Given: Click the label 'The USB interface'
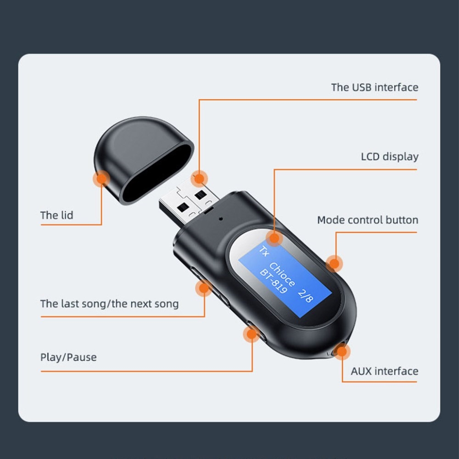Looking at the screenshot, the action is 375,87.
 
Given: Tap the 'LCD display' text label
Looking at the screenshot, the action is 390,157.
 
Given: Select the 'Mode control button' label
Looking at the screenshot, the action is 368,220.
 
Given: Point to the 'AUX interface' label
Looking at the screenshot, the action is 384,371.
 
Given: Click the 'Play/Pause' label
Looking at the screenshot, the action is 68,357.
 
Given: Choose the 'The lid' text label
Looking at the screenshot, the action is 56,215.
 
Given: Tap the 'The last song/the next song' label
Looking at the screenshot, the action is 109,304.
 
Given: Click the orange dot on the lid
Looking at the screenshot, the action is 101,179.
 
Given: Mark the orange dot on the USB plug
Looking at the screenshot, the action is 199,179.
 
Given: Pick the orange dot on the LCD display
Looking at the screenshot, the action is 274,238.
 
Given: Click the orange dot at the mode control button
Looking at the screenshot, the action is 334,264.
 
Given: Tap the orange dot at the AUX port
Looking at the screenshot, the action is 342,351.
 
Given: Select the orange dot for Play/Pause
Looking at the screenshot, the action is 252,334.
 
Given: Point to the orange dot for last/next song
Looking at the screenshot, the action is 204,288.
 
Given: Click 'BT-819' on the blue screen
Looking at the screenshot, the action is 273,281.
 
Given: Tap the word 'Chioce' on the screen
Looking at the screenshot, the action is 282,274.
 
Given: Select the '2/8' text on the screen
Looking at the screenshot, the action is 306,296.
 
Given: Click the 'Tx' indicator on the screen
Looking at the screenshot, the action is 264,251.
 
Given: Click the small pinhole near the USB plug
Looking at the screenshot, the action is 221,218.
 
